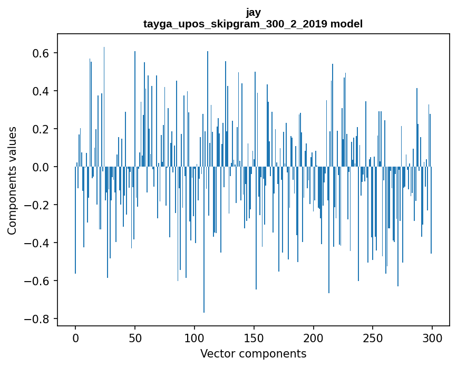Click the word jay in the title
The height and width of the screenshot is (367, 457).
253,12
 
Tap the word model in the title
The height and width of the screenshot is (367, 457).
346,24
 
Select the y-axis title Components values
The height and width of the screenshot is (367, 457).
12,180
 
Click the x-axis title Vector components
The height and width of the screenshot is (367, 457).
253,353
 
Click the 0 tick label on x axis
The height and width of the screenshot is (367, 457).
75,337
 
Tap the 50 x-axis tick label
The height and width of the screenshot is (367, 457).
135,337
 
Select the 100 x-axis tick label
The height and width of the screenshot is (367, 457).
195,337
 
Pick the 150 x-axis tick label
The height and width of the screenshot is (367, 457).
254,337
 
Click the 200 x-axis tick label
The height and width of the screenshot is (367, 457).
314,337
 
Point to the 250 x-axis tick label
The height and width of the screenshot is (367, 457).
373,337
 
